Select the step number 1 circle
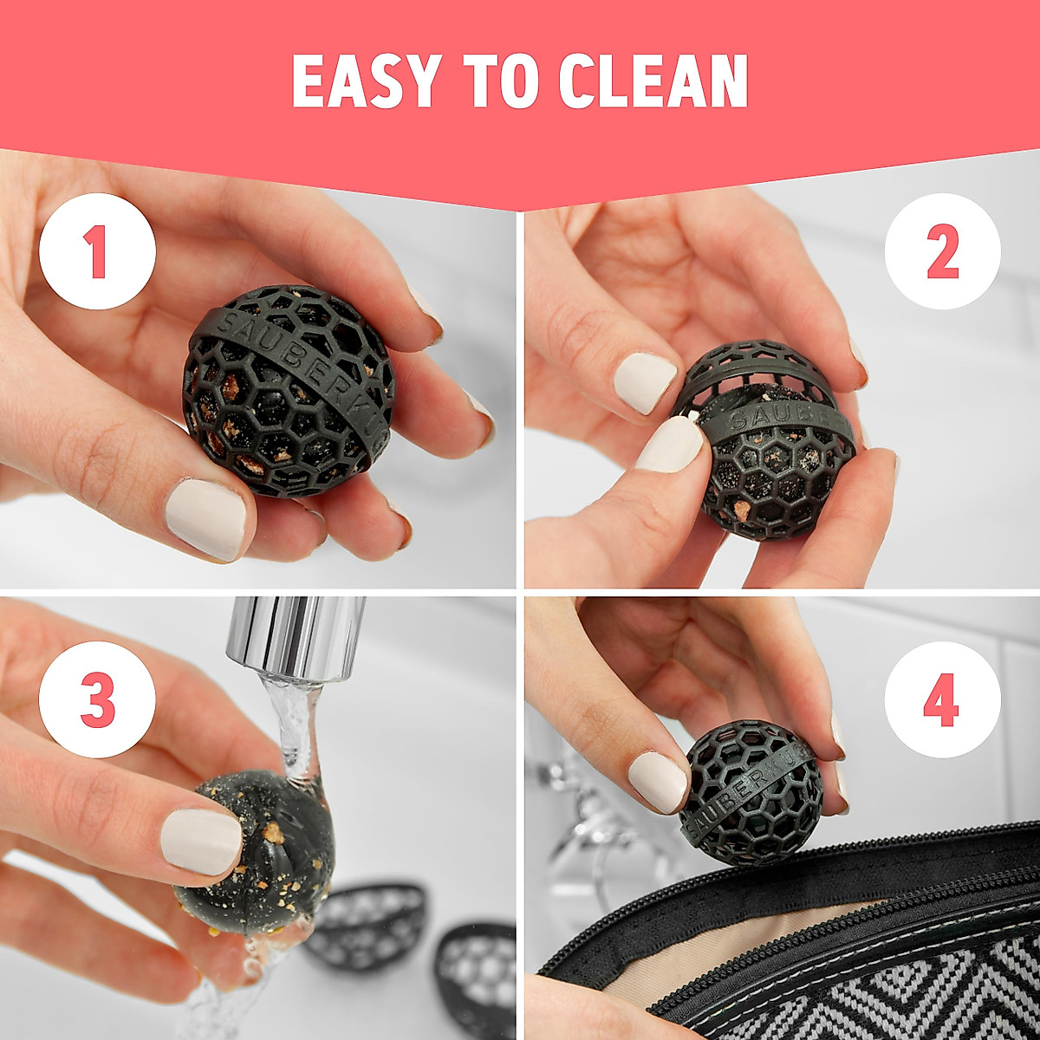(x=97, y=251)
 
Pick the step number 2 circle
(x=942, y=251)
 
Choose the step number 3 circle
(x=97, y=699)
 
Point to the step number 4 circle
(x=942, y=699)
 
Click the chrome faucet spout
(x=296, y=637)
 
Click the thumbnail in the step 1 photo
(x=205, y=518)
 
